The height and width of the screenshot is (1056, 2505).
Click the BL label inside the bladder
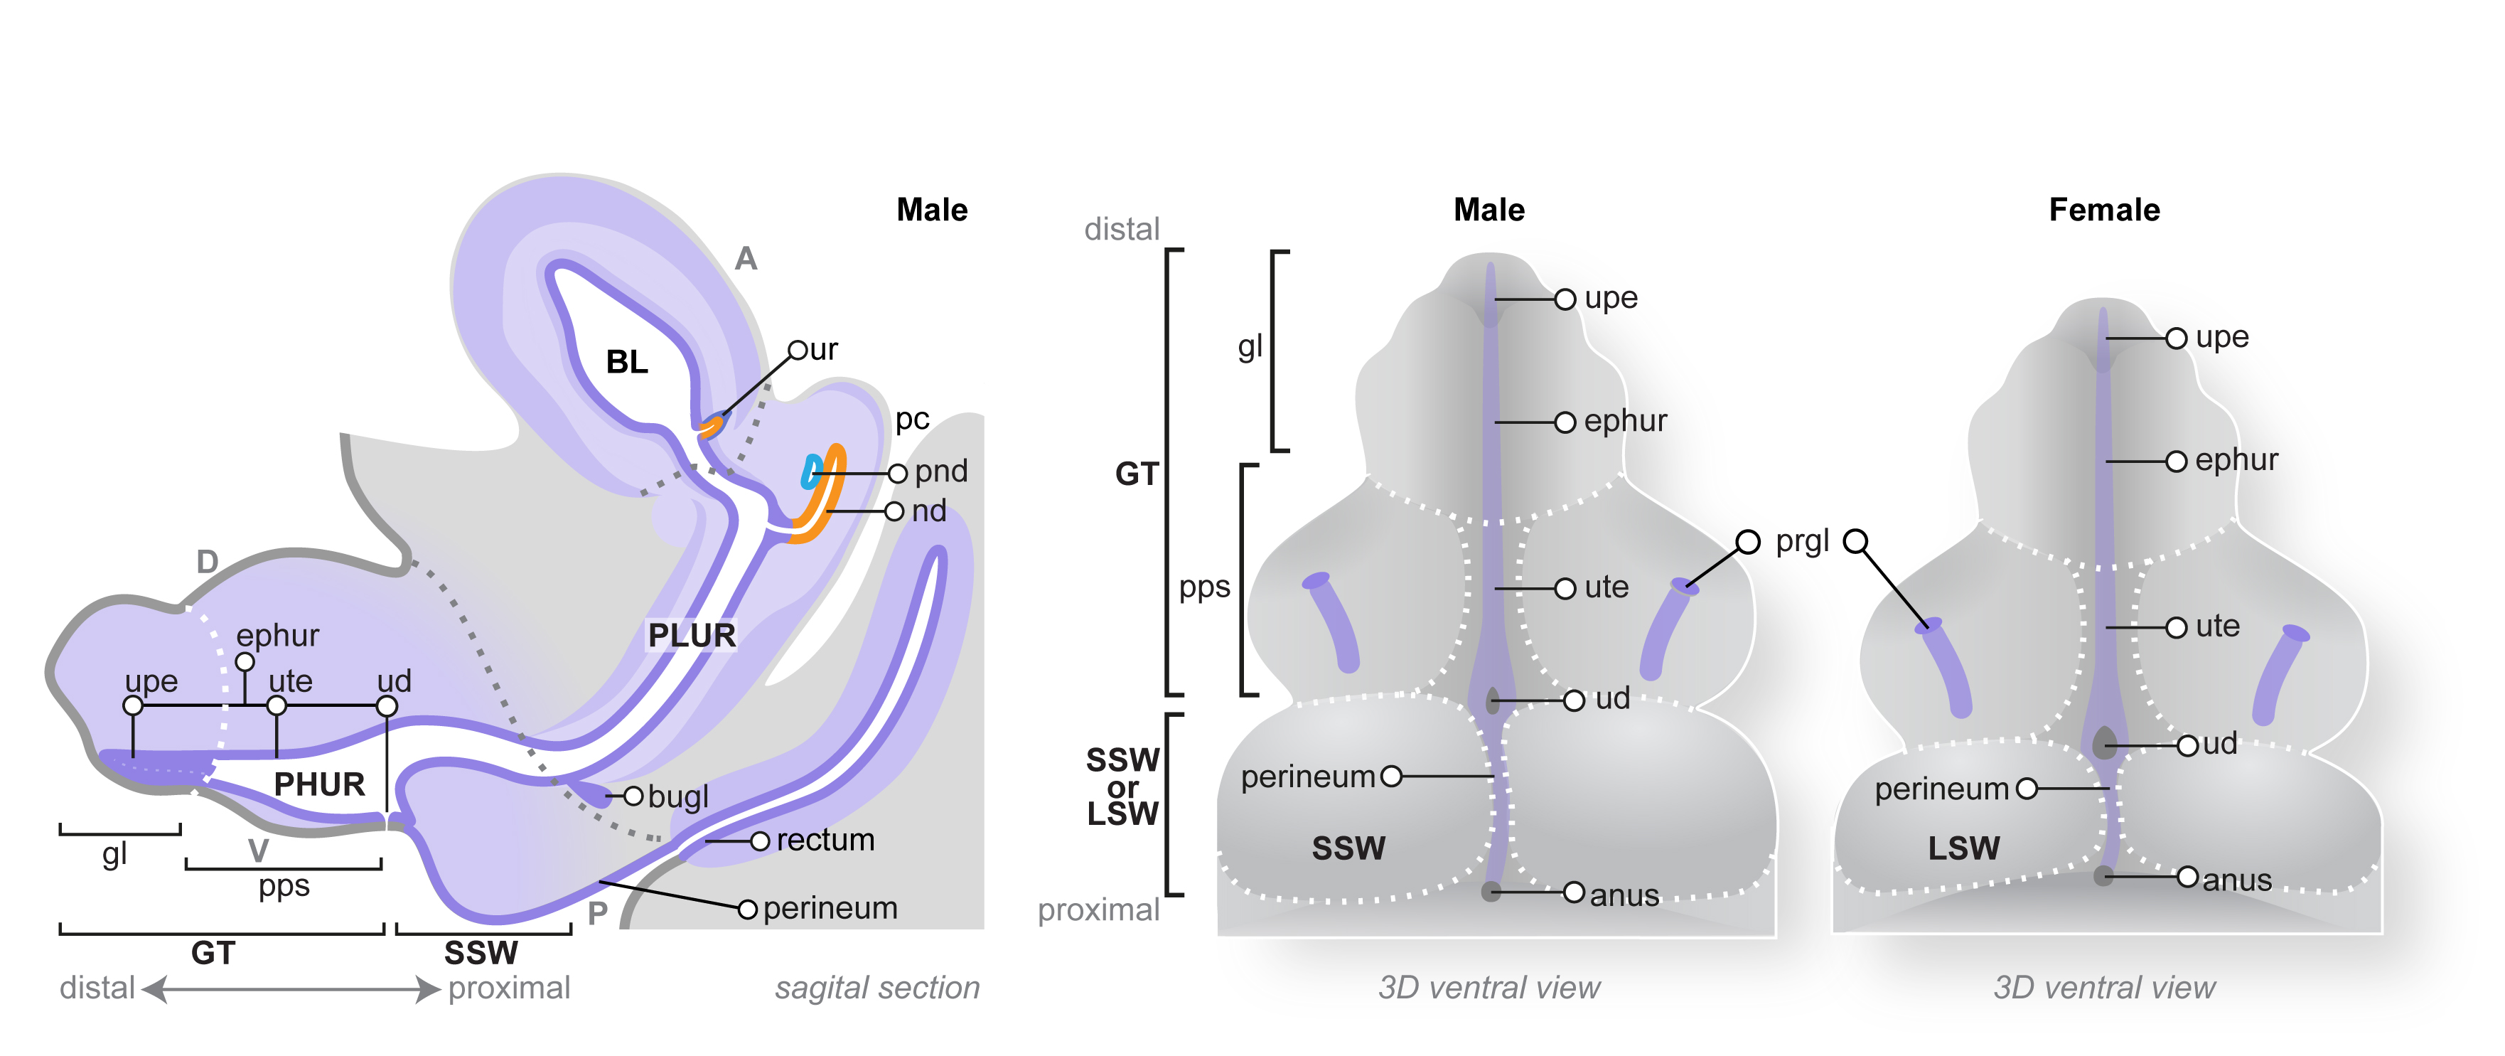tap(626, 362)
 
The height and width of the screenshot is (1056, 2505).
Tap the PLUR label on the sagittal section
tap(692, 635)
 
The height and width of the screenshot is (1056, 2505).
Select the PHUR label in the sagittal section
tap(319, 784)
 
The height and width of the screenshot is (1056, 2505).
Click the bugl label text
tap(678, 796)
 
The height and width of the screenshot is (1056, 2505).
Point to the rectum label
tap(825, 839)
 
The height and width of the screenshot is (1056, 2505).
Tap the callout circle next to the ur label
tap(798, 350)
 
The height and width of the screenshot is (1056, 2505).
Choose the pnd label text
tap(940, 471)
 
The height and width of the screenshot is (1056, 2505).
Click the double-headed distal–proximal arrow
tap(291, 989)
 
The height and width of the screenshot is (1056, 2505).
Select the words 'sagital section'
tap(877, 988)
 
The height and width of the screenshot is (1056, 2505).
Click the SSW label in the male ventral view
tap(1348, 848)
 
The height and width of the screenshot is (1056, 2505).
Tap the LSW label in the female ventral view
tap(1963, 848)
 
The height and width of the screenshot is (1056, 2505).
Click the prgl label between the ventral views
tap(1802, 542)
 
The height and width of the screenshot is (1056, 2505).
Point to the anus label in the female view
tap(2236, 880)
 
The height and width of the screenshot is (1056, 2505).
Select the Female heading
tap(2104, 210)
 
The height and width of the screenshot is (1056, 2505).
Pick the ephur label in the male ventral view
tap(1625, 421)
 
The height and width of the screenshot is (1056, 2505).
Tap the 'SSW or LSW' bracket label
tap(1122, 786)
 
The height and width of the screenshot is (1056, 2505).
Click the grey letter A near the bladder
tap(746, 259)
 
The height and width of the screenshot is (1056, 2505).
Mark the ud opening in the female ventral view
tap(2104, 743)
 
